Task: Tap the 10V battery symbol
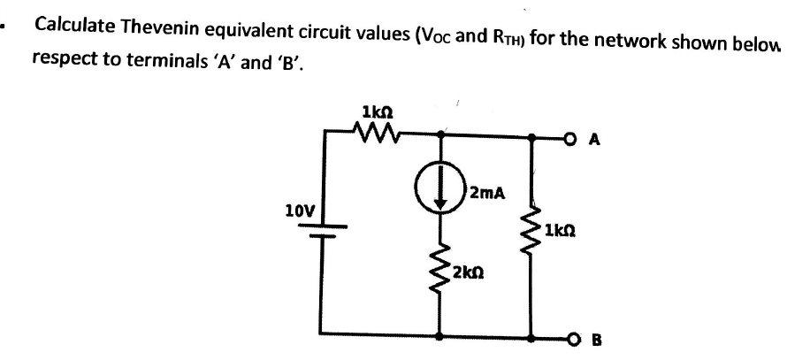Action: [321, 232]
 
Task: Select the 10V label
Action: [296, 211]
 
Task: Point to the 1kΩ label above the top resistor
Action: [378, 111]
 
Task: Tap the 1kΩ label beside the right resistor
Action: [563, 233]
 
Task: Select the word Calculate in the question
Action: [73, 24]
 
